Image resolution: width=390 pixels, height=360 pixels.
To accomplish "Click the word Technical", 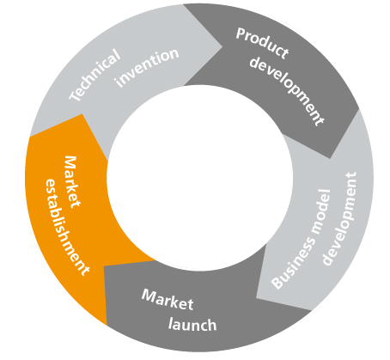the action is pos(95,75).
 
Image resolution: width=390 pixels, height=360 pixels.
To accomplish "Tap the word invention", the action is pos(147,68).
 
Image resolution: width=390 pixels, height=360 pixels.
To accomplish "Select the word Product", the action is pos(262,43).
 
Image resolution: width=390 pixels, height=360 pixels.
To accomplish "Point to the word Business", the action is pos(293,263).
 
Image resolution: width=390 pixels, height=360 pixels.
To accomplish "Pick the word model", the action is pos(320,211).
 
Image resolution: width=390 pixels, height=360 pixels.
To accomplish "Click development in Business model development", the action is pos(339,218).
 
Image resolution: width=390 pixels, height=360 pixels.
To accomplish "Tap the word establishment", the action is pos(67,227).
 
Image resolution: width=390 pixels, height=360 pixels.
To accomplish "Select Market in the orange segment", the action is pos(71,182).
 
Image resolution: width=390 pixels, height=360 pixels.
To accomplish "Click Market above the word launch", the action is pos(168,300).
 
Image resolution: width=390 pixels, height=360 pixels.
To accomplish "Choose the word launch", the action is pos(192,325).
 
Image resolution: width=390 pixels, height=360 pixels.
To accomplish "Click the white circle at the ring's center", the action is pos(200,178).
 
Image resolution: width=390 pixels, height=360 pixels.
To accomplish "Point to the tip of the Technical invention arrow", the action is pos(222,46).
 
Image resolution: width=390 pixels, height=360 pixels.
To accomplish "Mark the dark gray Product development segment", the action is pos(275,71).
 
